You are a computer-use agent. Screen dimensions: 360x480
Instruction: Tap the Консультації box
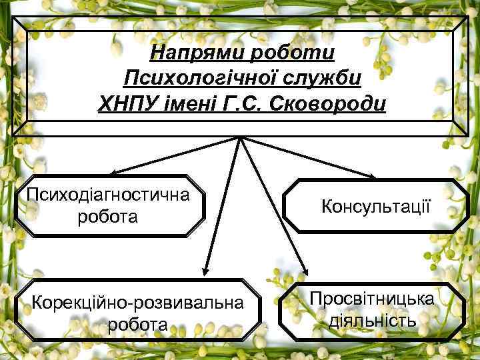coord(376,206)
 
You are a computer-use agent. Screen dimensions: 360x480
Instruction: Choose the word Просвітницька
coord(372,297)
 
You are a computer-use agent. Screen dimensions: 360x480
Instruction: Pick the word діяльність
coord(372,321)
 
